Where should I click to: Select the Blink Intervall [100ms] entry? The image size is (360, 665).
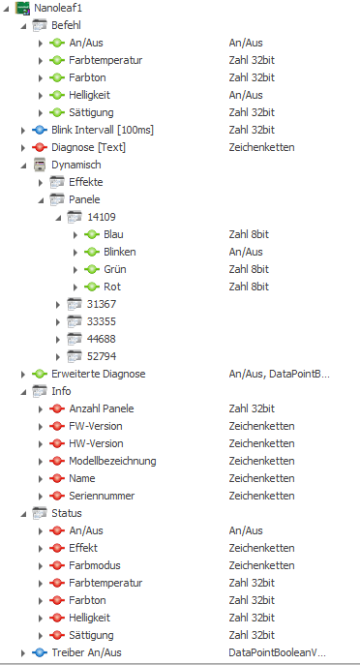pyautogui.click(x=103, y=130)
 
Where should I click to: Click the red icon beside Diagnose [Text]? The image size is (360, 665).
pyautogui.click(x=40, y=147)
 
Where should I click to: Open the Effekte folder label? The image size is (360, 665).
pyautogui.click(x=86, y=182)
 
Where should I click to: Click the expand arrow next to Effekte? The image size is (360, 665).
pyautogui.click(x=41, y=182)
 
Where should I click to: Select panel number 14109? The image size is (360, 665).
pyautogui.click(x=102, y=217)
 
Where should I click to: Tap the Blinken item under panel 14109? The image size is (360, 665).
pyautogui.click(x=120, y=252)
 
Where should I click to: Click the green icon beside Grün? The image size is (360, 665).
pyautogui.click(x=92, y=269)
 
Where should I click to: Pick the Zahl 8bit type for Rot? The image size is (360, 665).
pyautogui.click(x=249, y=287)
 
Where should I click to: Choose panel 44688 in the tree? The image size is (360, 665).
pyautogui.click(x=102, y=339)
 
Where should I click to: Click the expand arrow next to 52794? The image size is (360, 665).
pyautogui.click(x=58, y=356)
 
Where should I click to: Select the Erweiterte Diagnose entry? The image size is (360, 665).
pyautogui.click(x=99, y=374)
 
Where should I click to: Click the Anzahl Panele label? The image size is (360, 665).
pyautogui.click(x=102, y=408)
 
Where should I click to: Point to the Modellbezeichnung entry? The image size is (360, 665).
pyautogui.click(x=112, y=461)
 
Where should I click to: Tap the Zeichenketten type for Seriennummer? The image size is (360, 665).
pyautogui.click(x=261, y=496)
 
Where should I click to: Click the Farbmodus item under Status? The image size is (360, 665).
pyautogui.click(x=95, y=565)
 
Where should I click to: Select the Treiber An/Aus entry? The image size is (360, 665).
pyautogui.click(x=86, y=652)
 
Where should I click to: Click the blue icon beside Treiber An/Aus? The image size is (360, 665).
pyautogui.click(x=40, y=652)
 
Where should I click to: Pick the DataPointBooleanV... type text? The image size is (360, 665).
pyautogui.click(x=278, y=652)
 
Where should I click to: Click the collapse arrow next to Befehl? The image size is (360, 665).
pyautogui.click(x=23, y=26)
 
